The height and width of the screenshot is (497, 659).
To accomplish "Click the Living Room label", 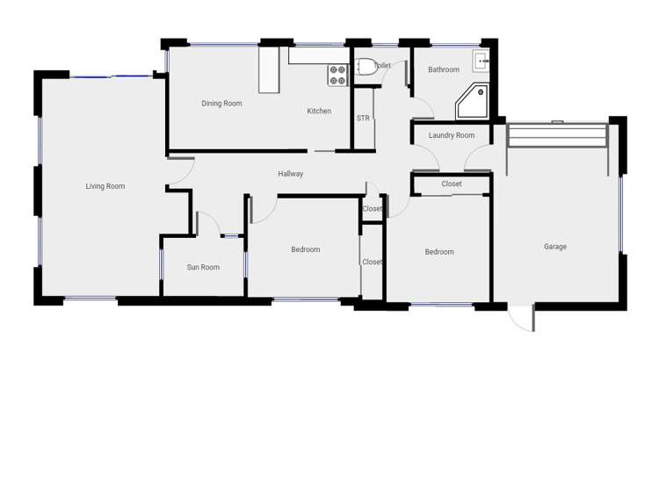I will coord(105,186).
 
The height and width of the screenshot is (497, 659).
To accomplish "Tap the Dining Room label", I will coord(221,104).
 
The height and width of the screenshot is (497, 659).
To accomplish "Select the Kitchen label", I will coord(319,112).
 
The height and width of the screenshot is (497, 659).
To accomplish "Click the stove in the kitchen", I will coord(337,76).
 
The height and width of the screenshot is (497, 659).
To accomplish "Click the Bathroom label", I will coord(444,69).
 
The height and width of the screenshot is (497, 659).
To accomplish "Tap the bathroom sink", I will coord(481,61).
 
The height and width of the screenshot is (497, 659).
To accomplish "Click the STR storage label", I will coord(363,118).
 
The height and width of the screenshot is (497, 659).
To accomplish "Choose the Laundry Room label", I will coord(452,135).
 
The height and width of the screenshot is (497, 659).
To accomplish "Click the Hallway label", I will coord(291,174).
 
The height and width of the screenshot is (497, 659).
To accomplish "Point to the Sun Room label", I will coord(203,267).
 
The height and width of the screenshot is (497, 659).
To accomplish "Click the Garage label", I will coord(555,247).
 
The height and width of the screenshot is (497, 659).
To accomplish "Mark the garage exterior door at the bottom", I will coord(523,317).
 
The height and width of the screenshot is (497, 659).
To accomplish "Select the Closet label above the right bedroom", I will coord(452,184).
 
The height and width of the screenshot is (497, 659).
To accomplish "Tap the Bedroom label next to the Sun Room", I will coord(306,249).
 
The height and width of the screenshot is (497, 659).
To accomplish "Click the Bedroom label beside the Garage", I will coord(439,252).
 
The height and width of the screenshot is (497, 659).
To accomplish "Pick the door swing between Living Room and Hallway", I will coord(180,172).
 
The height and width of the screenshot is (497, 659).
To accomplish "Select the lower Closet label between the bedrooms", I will coord(373,262).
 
